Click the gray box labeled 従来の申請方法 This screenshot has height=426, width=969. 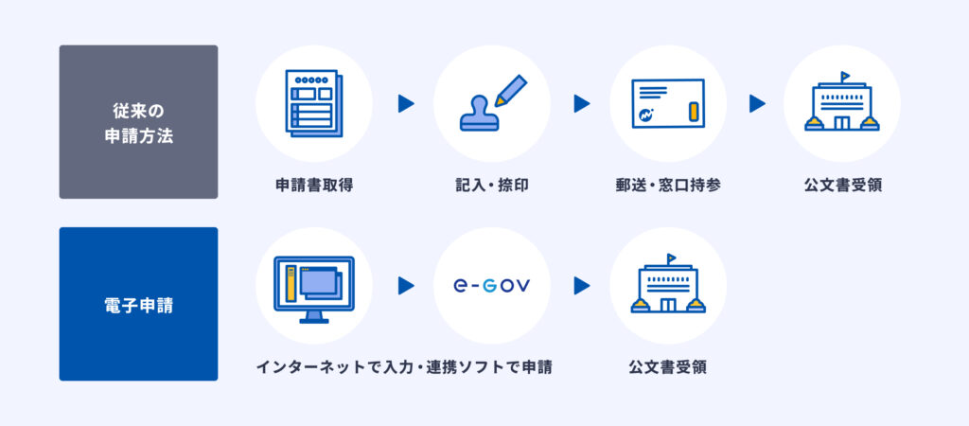pyautogui.click(x=138, y=122)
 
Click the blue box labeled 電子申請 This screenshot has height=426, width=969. pyautogui.click(x=138, y=304)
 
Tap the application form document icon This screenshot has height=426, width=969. pyautogui.click(x=314, y=103)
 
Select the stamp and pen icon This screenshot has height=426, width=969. pyautogui.click(x=492, y=103)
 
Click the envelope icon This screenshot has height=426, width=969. pyautogui.click(x=668, y=103)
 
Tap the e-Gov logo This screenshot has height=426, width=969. pyautogui.click(x=491, y=286)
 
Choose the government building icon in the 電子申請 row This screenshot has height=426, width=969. pyautogui.click(x=668, y=283)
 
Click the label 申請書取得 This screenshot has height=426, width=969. pyautogui.click(x=314, y=185)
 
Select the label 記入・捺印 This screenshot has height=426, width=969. pyautogui.click(x=491, y=185)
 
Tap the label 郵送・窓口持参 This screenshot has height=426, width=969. pyautogui.click(x=668, y=185)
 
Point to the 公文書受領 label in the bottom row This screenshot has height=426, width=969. pyautogui.click(x=668, y=367)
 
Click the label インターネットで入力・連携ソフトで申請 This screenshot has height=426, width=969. pyautogui.click(x=404, y=367)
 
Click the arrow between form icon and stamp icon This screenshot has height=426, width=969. pyautogui.click(x=405, y=103)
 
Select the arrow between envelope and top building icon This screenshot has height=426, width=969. pyautogui.click(x=757, y=103)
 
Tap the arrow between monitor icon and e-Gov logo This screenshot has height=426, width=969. pyautogui.click(x=405, y=286)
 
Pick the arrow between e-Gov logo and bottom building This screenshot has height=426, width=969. pyautogui.click(x=582, y=286)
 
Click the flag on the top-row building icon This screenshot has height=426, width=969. pyautogui.click(x=845, y=77)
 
